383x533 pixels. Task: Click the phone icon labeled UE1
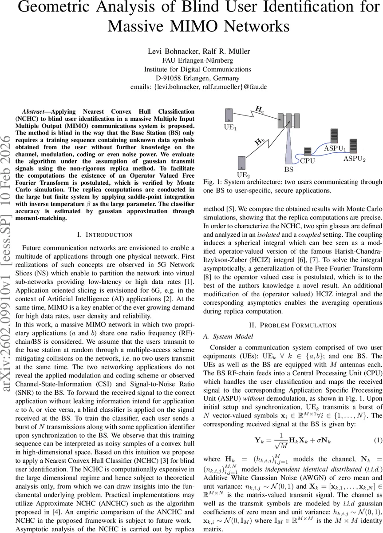coord(229,115)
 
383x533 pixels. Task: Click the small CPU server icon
coord(307,153)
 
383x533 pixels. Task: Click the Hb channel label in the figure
coord(260,142)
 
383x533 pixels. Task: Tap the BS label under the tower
coord(288,169)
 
